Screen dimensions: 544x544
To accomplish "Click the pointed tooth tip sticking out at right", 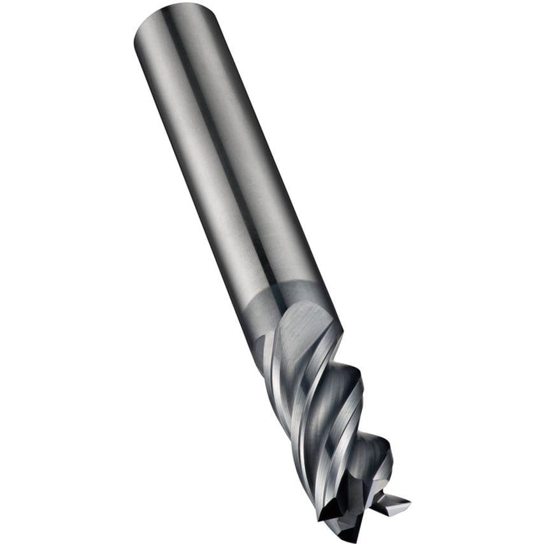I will (x=408, y=504).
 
